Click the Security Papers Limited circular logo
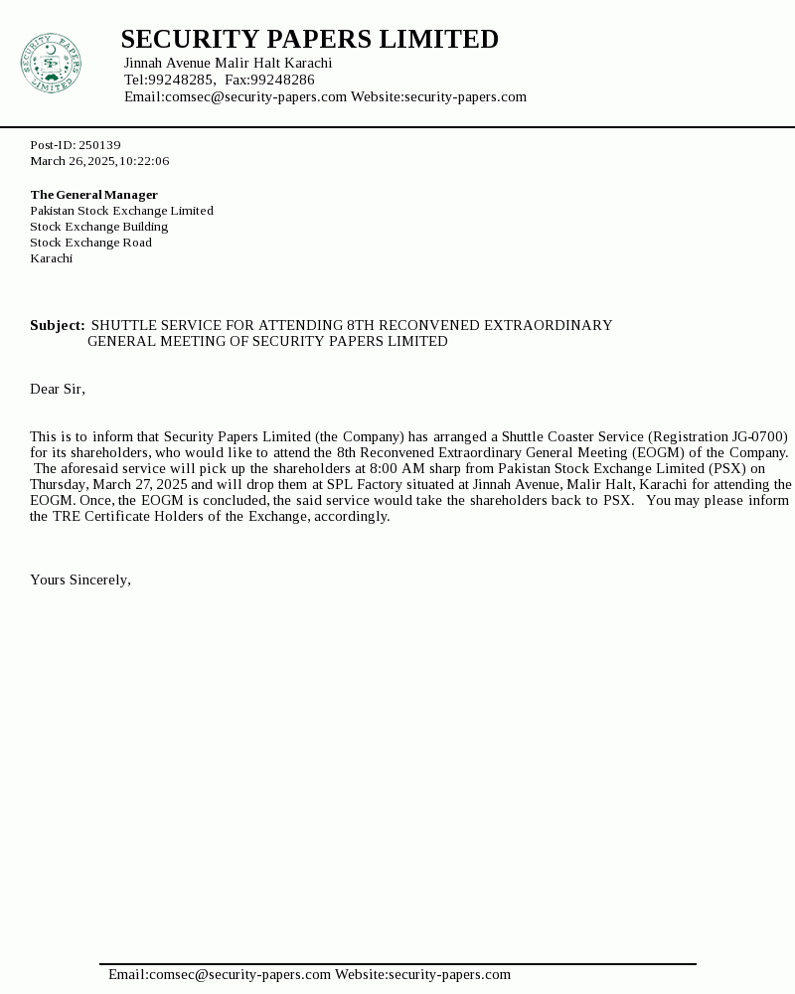pyautogui.click(x=51, y=64)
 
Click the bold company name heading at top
pyautogui.click(x=309, y=39)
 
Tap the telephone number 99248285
pyautogui.click(x=181, y=80)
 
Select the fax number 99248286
pyautogui.click(x=282, y=80)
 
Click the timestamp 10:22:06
pyautogui.click(x=144, y=161)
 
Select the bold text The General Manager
pyautogui.click(x=93, y=195)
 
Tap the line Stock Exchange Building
pyautogui.click(x=98, y=227)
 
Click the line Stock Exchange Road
pyautogui.click(x=90, y=243)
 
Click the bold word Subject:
pyautogui.click(x=57, y=325)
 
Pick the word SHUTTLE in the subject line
pyautogui.click(x=123, y=325)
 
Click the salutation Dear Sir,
pyautogui.click(x=58, y=389)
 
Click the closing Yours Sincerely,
pyautogui.click(x=80, y=580)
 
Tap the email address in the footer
pyautogui.click(x=220, y=974)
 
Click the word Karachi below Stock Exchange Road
pyautogui.click(x=51, y=258)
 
